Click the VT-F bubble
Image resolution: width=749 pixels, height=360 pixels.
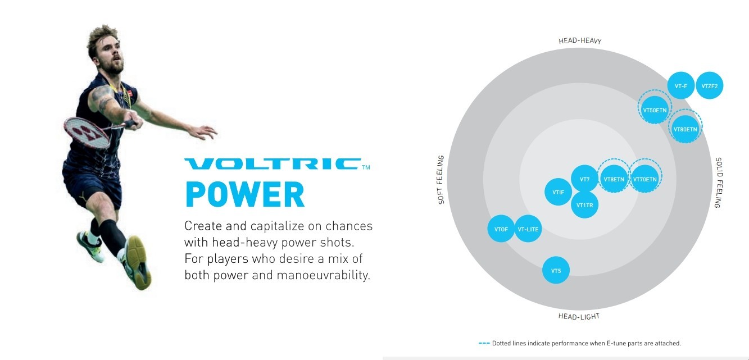point(681,85)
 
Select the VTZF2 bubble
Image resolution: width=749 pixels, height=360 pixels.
point(709,85)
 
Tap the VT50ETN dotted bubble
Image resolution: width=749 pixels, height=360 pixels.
point(655,107)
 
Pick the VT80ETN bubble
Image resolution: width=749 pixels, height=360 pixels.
point(685,126)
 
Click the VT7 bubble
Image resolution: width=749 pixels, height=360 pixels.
point(584,179)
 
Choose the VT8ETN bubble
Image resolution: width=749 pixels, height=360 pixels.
point(614,176)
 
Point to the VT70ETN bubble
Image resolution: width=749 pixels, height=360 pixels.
point(645,176)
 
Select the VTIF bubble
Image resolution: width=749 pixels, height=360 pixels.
point(558,192)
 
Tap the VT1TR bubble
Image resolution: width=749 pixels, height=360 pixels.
point(584,204)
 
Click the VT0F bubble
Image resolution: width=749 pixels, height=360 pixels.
point(501,229)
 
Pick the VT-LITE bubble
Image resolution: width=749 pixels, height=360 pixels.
point(528,229)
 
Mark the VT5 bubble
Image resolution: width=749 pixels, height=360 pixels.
point(556,270)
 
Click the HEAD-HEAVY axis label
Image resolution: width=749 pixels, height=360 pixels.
point(580,41)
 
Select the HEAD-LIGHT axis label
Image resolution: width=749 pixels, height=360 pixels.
point(579,316)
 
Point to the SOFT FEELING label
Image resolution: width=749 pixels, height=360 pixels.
point(441,180)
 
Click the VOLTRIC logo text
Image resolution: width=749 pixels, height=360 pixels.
point(273,164)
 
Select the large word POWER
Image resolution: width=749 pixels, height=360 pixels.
point(245,194)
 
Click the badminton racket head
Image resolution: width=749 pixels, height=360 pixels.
point(87,133)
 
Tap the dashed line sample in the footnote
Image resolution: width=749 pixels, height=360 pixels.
point(484,343)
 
